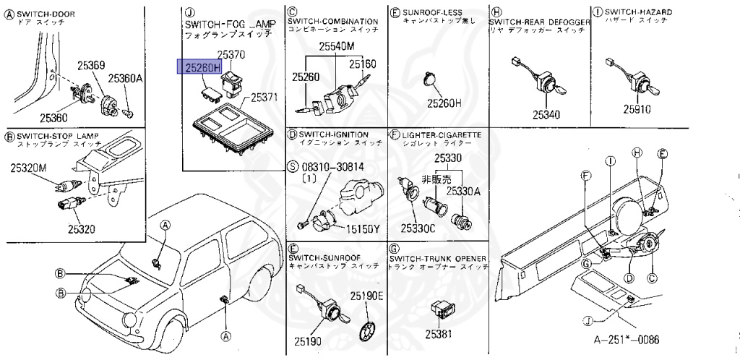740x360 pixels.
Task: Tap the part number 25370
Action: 232,54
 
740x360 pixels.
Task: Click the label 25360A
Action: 126,78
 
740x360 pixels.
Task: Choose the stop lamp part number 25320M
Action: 28,168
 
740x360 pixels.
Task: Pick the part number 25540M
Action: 337,46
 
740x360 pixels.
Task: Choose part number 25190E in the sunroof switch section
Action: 367,296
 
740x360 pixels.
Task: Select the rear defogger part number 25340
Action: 546,114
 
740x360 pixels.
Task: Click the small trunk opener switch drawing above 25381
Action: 440,309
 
